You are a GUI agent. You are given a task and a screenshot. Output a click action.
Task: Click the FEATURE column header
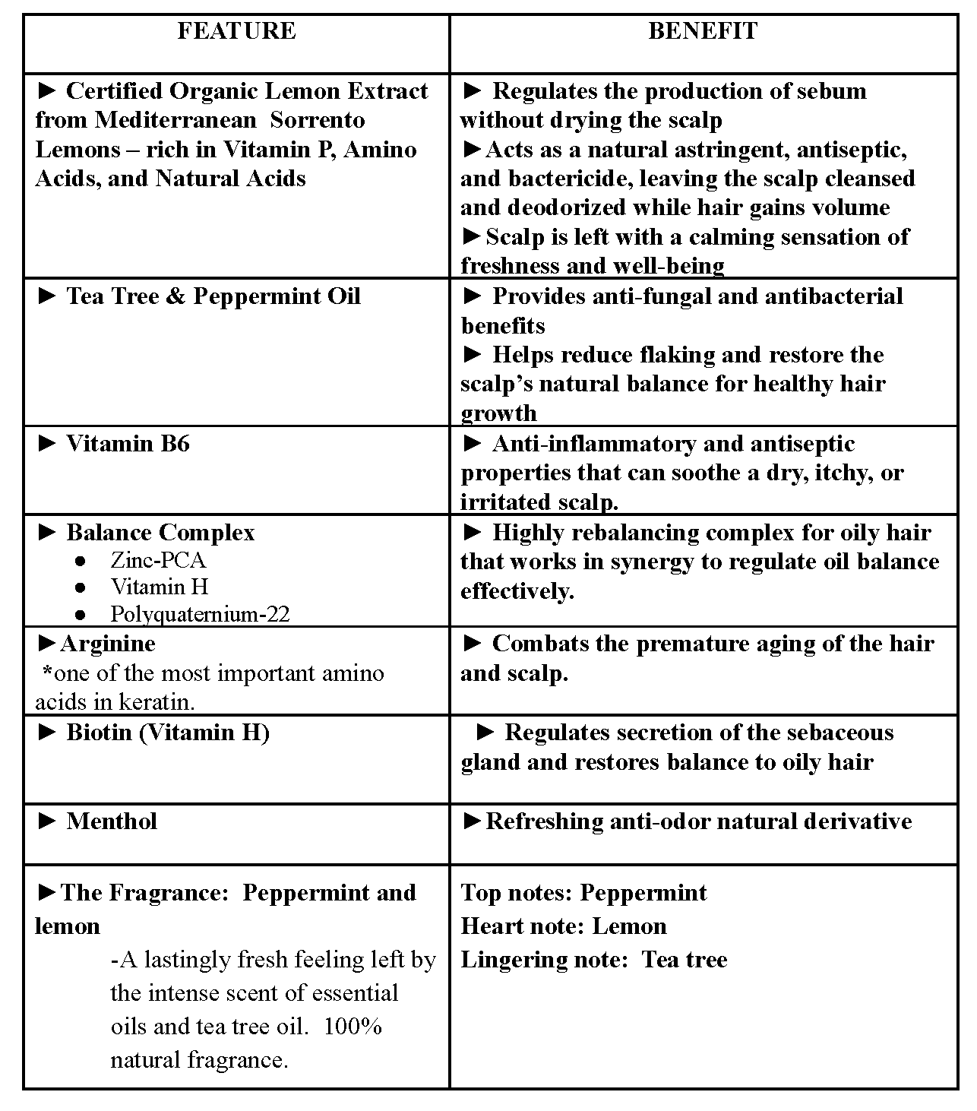click(236, 31)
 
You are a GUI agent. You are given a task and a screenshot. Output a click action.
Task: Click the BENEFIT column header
click(702, 31)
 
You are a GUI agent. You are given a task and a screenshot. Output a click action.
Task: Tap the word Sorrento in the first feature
click(318, 120)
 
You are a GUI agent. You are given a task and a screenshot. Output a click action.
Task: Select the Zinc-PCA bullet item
click(158, 560)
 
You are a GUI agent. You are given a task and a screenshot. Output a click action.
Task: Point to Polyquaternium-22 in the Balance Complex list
click(200, 614)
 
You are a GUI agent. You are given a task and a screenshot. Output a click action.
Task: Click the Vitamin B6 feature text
click(128, 444)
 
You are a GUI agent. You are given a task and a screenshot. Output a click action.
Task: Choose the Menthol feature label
click(112, 821)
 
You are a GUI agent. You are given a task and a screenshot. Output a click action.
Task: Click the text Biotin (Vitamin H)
click(168, 733)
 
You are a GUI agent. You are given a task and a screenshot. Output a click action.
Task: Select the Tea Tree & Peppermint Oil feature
click(213, 296)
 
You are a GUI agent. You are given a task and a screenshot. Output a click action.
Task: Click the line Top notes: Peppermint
click(583, 893)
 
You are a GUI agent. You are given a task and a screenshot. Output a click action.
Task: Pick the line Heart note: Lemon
click(564, 926)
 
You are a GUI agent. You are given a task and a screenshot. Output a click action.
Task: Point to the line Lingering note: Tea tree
click(594, 960)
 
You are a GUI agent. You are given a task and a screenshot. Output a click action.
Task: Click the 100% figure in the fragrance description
click(352, 1027)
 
